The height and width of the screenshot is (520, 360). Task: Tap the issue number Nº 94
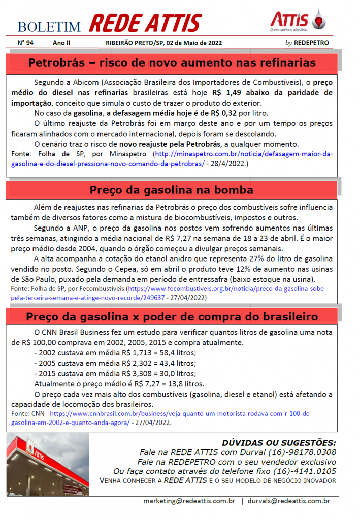pos(25,43)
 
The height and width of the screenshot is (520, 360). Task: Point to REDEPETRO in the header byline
pos(311,43)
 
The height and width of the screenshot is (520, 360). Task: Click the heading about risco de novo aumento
pos(172,63)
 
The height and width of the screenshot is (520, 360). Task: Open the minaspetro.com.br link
pos(244,153)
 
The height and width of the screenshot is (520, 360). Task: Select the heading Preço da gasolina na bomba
pos(172,190)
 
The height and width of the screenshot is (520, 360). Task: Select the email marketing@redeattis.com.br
pos(189,501)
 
